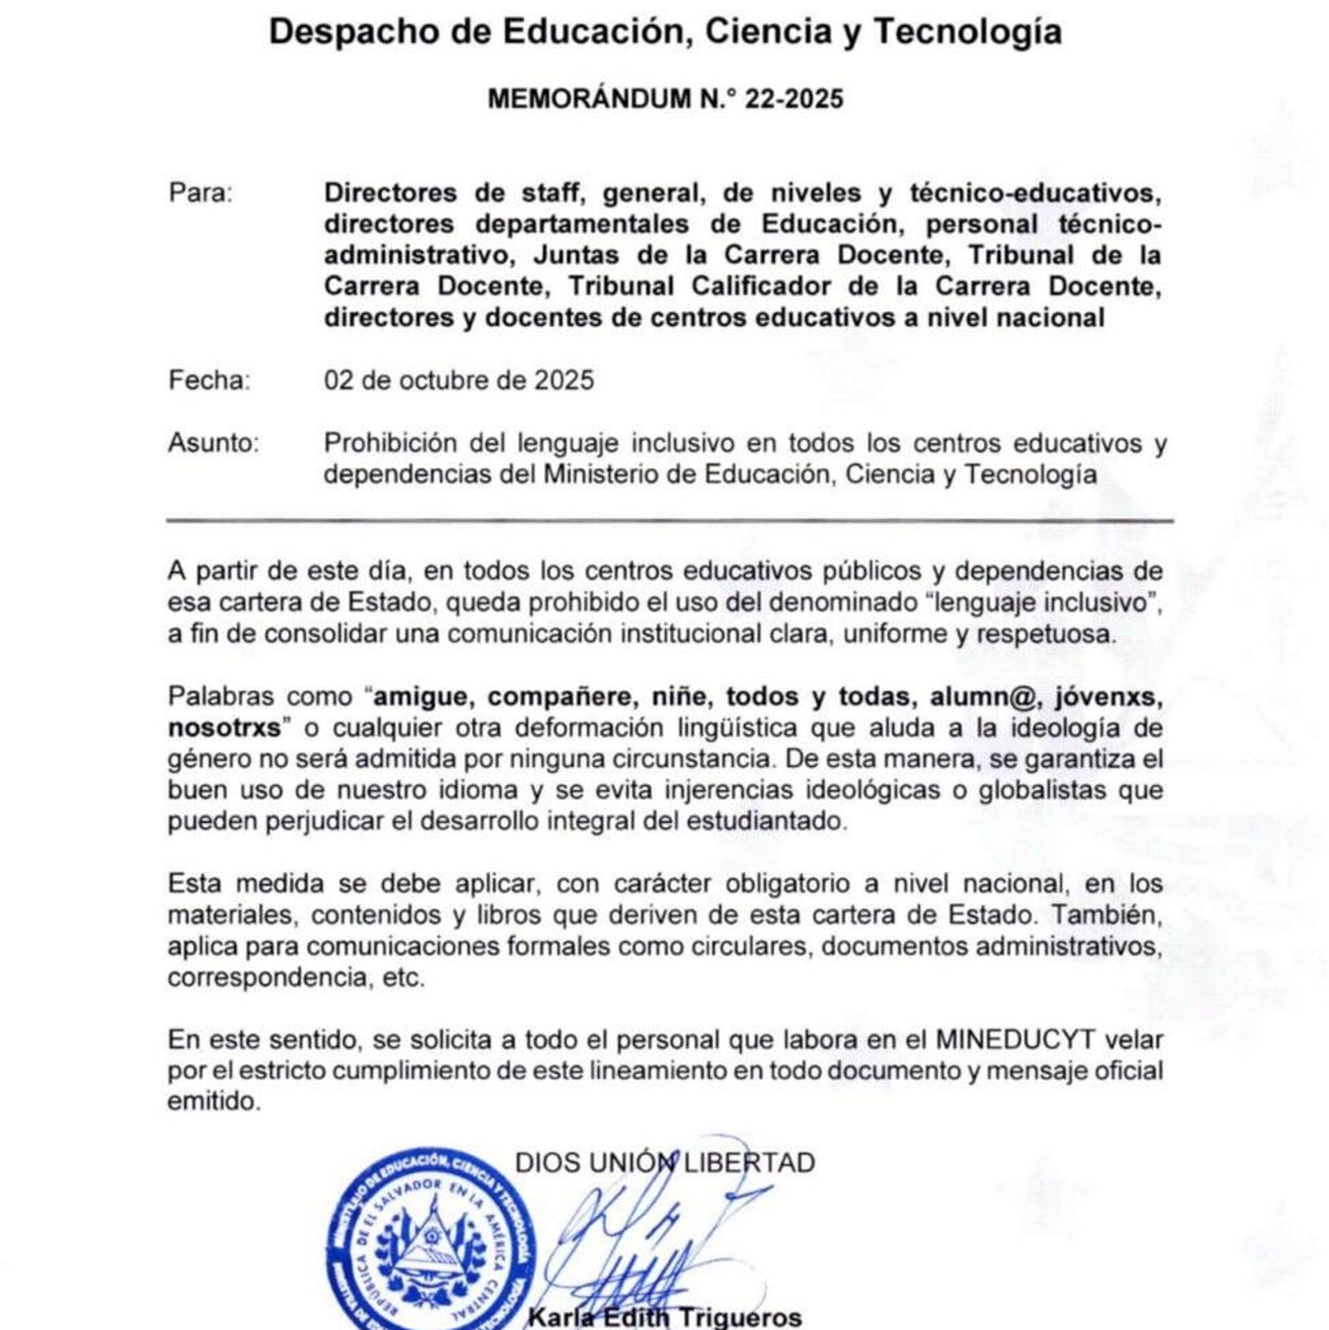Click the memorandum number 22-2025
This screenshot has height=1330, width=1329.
(794, 99)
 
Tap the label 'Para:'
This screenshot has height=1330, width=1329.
(201, 192)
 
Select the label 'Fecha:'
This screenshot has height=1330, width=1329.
(209, 380)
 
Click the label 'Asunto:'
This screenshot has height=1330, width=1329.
(213, 443)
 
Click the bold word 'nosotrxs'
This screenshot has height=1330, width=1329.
(224, 728)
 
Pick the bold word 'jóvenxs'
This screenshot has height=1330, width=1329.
(1109, 697)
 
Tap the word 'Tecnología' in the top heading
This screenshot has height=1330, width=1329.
(967, 32)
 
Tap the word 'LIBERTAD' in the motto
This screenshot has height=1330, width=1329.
(750, 1162)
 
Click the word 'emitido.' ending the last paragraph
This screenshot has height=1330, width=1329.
(215, 1102)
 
